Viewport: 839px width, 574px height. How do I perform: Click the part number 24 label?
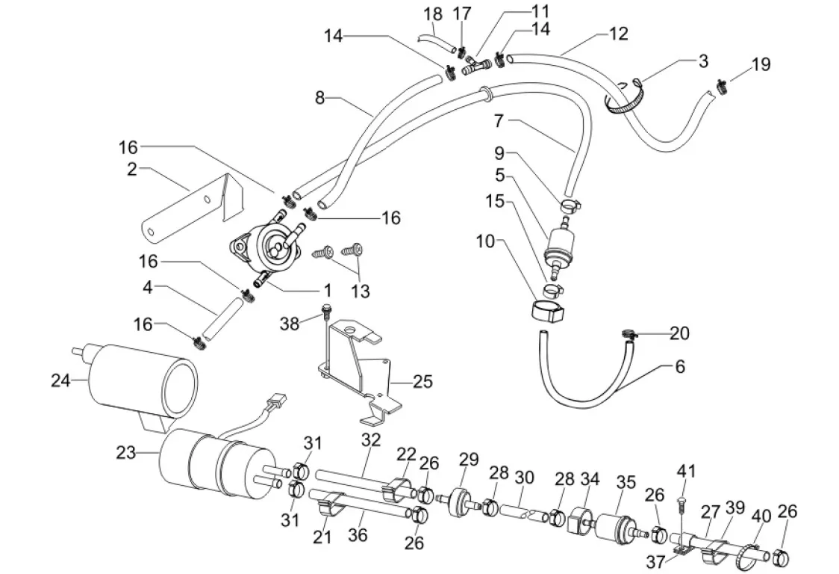60,380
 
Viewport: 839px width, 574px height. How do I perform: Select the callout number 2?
132,169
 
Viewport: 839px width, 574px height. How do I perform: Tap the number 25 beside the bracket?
422,381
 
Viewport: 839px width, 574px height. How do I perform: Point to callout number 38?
290,323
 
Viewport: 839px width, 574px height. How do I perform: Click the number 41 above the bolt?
686,471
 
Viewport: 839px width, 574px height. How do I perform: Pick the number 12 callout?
618,34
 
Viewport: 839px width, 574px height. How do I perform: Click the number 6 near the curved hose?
680,367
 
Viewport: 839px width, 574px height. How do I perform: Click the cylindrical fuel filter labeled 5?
559,244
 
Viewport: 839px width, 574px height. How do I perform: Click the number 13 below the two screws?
361,291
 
